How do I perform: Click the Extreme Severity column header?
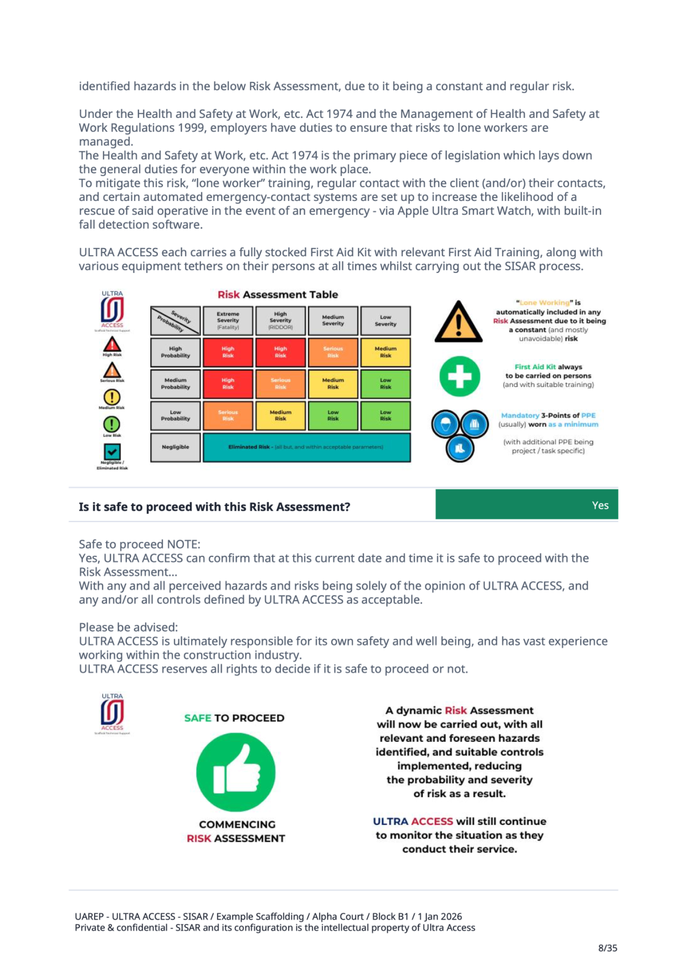tap(228, 320)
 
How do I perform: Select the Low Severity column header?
tap(385, 320)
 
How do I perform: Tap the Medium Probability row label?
tap(175, 384)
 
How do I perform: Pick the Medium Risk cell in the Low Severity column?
tap(385, 352)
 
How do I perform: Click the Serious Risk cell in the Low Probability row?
tap(228, 415)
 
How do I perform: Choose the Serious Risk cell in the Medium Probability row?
tap(280, 384)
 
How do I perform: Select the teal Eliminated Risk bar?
tap(306, 447)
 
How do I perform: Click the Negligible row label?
tap(175, 447)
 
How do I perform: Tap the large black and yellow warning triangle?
tap(458, 322)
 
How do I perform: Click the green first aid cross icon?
tap(460, 376)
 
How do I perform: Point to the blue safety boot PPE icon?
tap(460, 448)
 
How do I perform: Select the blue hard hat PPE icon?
tap(445, 424)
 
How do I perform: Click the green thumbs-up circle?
tap(236, 772)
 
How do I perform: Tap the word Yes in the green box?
tap(600, 505)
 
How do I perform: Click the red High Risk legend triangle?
tap(112, 345)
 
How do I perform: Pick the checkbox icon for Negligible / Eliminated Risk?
tap(112, 452)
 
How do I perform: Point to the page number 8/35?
tap(607, 948)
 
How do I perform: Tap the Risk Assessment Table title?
tap(277, 295)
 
